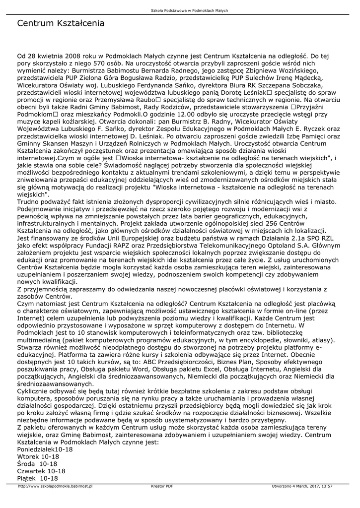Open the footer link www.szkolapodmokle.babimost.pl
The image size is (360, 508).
click(55, 487)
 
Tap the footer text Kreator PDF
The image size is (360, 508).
click(162, 487)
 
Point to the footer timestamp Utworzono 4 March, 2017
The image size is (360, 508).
click(302, 487)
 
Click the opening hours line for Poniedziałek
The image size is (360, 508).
click(45, 449)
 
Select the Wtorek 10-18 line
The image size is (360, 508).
click(38, 456)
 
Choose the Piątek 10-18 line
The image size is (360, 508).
click(37, 478)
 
